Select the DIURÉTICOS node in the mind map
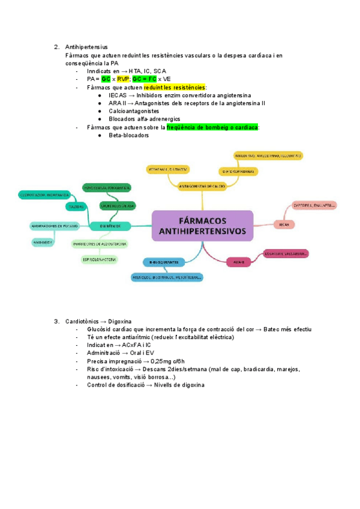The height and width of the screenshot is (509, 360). click(x=107, y=226)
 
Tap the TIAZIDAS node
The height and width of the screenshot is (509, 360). click(x=76, y=206)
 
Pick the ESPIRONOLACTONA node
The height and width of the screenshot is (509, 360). click(x=100, y=259)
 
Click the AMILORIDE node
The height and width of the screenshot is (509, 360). click(x=42, y=242)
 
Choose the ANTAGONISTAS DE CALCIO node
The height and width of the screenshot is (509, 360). click(x=202, y=186)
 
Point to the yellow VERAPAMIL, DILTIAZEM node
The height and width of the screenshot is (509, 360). click(x=167, y=170)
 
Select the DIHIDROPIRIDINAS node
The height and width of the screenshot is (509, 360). click(x=238, y=171)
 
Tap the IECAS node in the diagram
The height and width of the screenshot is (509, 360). click(x=284, y=224)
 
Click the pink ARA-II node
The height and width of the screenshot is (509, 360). click(x=238, y=261)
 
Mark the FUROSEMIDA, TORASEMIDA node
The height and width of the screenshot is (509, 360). click(x=107, y=187)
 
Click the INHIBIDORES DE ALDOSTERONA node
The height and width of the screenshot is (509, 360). click(x=100, y=244)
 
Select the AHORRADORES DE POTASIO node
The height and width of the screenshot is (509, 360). click(x=54, y=226)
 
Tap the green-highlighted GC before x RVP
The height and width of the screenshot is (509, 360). click(x=106, y=79)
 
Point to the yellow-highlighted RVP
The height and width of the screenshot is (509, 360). click(x=123, y=79)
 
